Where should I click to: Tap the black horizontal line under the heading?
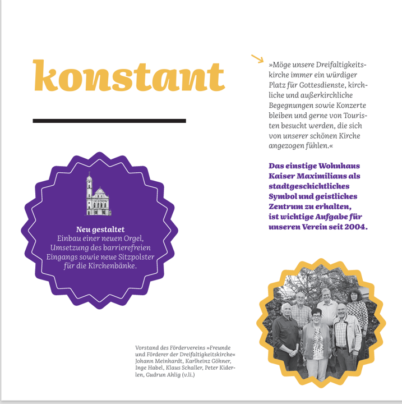pos(109,121)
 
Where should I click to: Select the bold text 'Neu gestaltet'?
pos(100,229)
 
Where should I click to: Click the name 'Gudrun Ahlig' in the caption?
pos(165,375)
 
